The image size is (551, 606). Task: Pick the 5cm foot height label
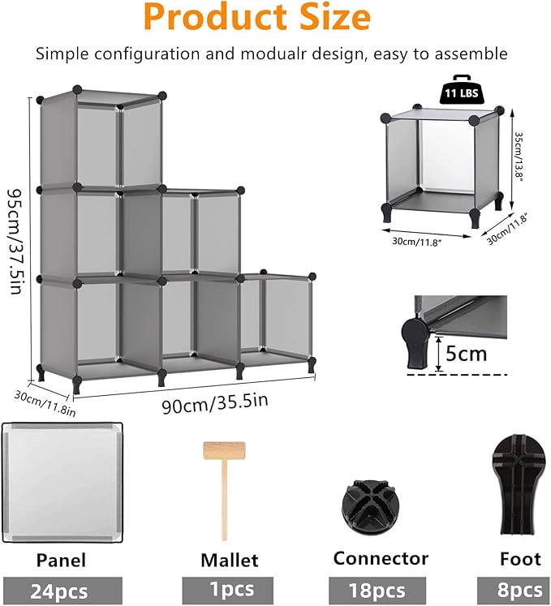tap(467, 355)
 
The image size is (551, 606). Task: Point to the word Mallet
tap(230, 560)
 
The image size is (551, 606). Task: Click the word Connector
tap(381, 558)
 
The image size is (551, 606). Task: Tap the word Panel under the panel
tap(62, 560)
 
